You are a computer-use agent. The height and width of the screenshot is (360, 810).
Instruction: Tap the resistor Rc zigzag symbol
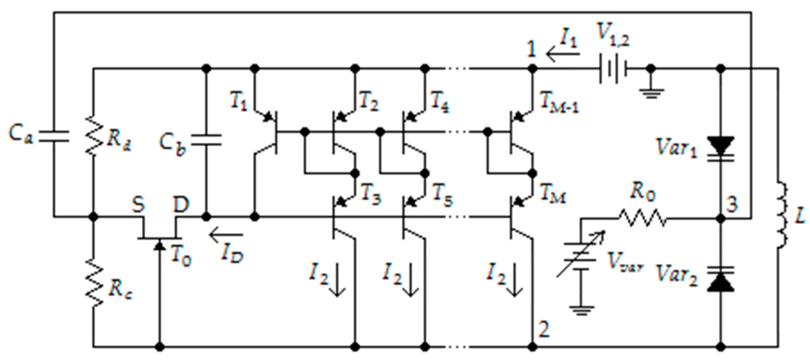[94, 282]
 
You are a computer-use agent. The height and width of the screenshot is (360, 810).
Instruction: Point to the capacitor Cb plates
[206, 140]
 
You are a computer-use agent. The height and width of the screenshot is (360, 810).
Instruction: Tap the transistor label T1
[239, 103]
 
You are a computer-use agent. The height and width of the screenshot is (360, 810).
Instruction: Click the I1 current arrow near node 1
[563, 53]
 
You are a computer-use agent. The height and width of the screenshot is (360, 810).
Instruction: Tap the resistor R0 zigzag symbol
[642, 218]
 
